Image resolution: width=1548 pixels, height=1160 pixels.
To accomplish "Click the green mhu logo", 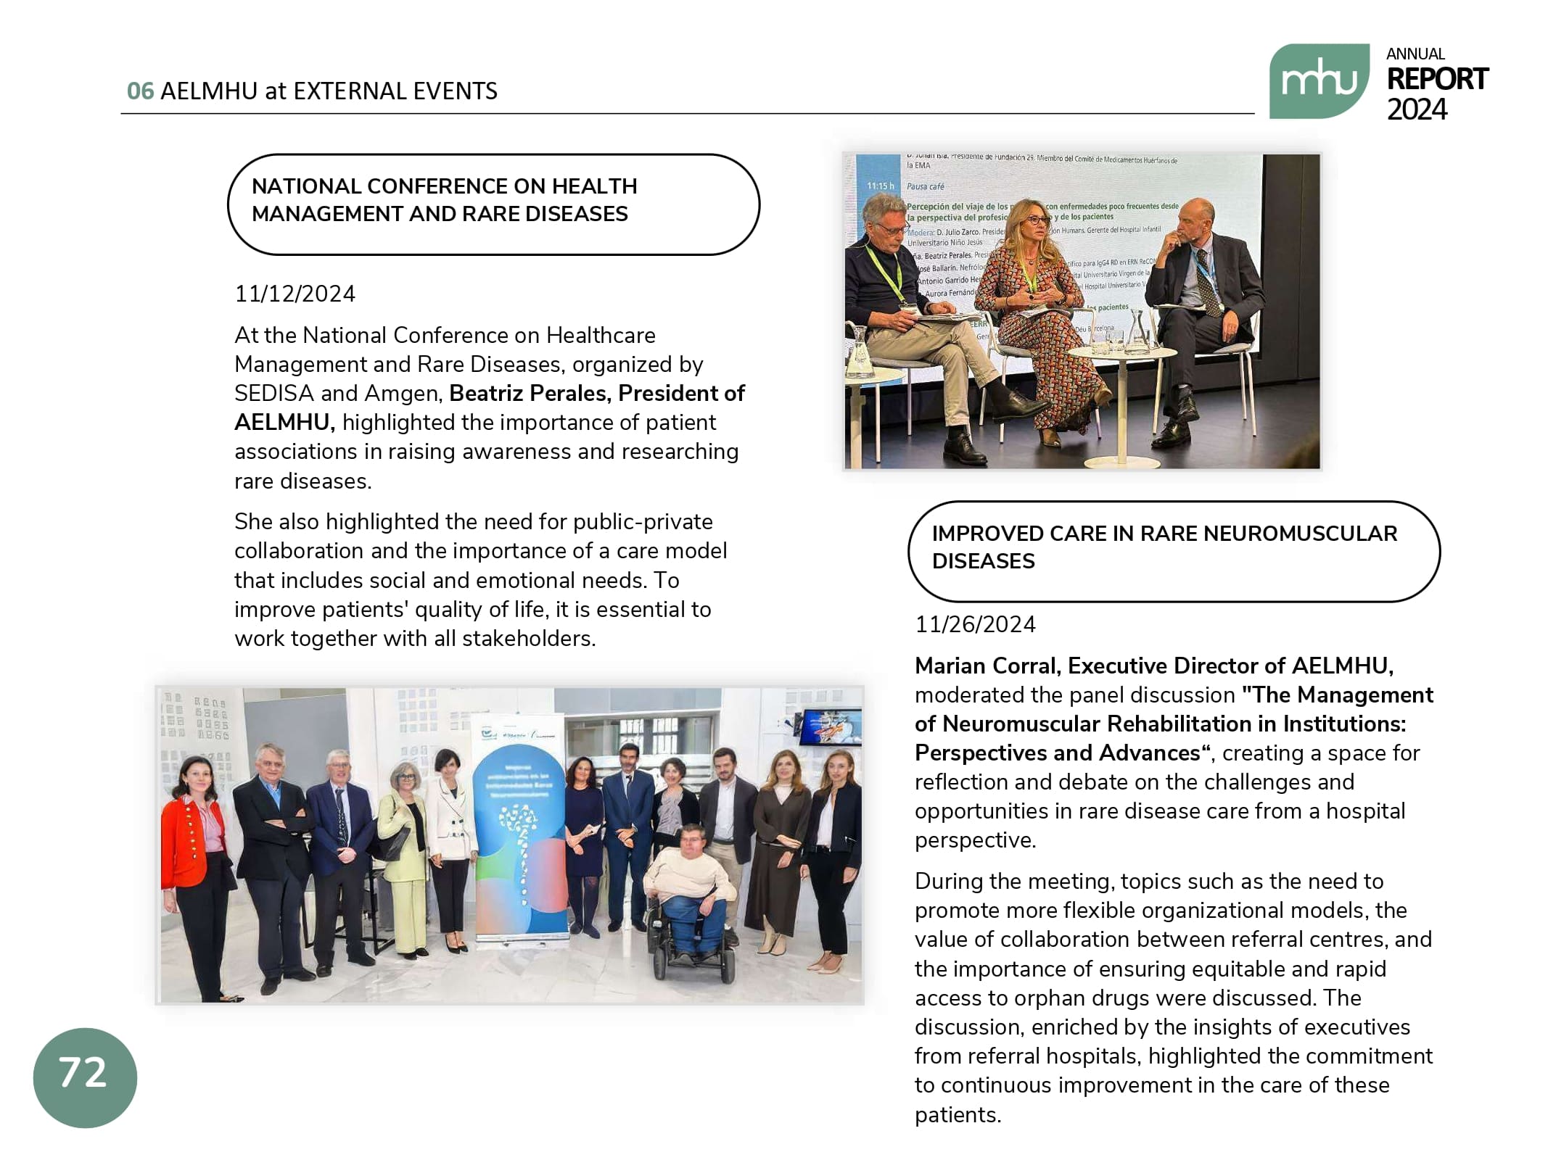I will pyautogui.click(x=1318, y=81).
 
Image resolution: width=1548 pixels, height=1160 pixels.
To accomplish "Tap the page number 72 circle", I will pyautogui.click(x=85, y=1077).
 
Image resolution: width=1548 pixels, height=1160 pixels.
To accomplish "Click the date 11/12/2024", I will pyautogui.click(x=295, y=294).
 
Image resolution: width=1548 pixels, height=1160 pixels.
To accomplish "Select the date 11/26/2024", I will pyautogui.click(x=975, y=624).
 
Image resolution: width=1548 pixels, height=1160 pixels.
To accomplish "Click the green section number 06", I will pyautogui.click(x=140, y=91).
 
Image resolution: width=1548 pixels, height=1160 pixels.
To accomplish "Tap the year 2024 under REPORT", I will pyautogui.click(x=1416, y=110).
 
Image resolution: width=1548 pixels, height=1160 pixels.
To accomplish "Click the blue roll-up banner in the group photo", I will pyautogui.click(x=518, y=826).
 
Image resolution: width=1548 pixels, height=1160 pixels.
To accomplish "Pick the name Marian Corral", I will pyautogui.click(x=985, y=666).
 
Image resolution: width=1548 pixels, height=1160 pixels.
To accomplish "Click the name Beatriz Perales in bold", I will pyautogui.click(x=530, y=393).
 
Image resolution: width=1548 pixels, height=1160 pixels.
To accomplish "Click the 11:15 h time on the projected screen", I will pyautogui.click(x=880, y=186).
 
